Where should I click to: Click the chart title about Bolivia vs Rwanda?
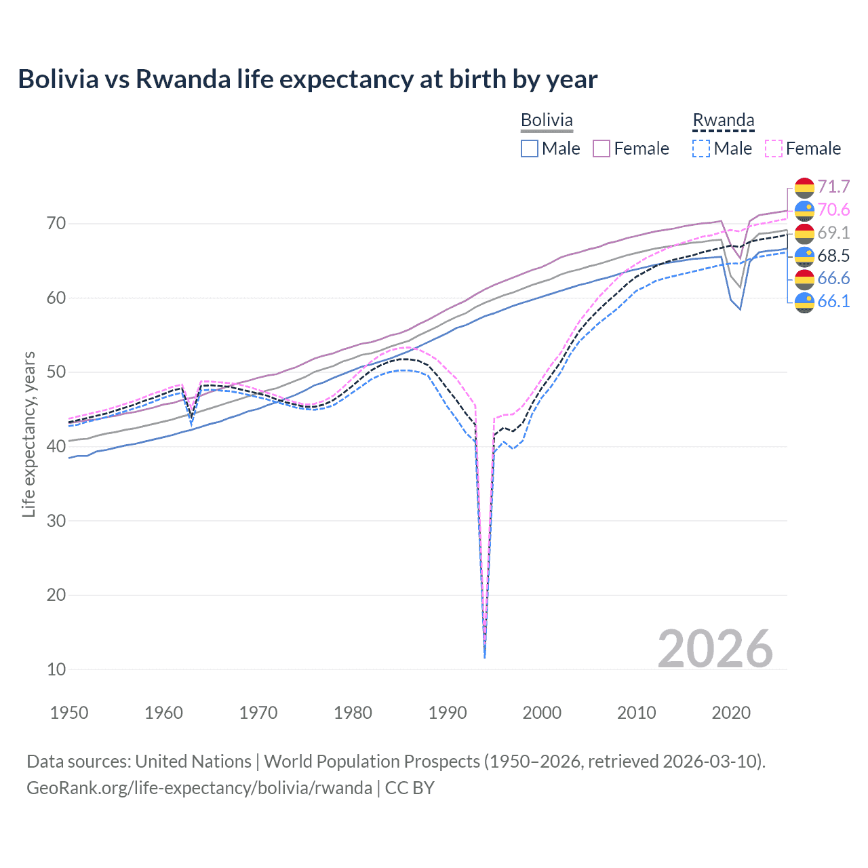coord(307,79)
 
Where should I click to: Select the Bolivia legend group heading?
coord(547,120)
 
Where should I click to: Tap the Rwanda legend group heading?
coord(723,120)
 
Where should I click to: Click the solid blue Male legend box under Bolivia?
coord(530,149)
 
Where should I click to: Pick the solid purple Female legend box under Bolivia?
coord(602,149)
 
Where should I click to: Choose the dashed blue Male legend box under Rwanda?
coord(701,149)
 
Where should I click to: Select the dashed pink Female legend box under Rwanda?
coord(774,149)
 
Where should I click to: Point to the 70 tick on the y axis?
coord(56,224)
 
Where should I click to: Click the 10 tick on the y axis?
coord(56,669)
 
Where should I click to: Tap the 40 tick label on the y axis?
coord(56,446)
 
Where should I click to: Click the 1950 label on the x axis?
coord(69,713)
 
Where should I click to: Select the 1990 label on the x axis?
coord(447,713)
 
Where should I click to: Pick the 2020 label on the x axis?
coord(730,713)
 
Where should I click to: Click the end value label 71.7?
coord(833,187)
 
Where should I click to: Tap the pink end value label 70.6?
coord(833,210)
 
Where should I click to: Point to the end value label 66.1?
coord(833,301)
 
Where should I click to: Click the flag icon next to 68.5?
coord(804,256)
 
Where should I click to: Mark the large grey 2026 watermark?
coord(715,649)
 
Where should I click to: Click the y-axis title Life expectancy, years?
coord(28,434)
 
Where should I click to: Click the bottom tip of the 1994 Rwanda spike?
coord(484,657)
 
